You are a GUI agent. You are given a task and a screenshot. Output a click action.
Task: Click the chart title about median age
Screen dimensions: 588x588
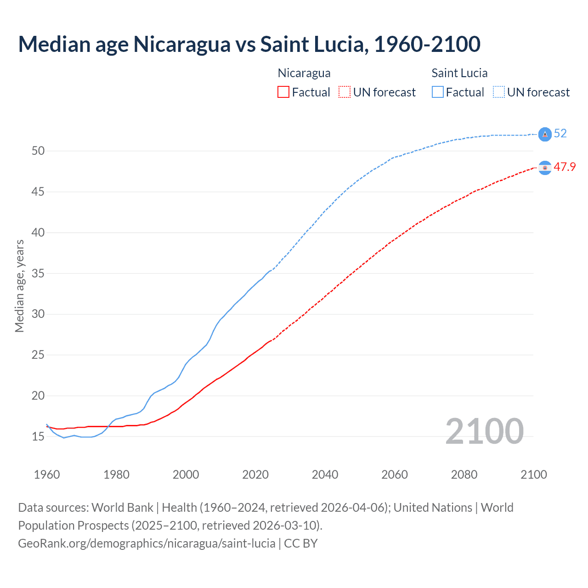(249, 44)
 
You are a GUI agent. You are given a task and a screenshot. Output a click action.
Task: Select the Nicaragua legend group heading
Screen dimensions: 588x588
(304, 73)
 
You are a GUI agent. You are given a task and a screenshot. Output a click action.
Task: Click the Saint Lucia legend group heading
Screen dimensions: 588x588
(459, 73)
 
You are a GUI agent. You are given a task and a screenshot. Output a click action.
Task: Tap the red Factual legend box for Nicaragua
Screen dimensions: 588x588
(283, 92)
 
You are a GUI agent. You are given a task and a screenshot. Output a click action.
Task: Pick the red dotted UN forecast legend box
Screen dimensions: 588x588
(345, 92)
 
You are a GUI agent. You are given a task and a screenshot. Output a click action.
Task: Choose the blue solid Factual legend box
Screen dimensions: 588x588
(437, 92)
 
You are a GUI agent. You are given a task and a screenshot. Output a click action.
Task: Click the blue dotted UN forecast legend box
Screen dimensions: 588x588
(498, 92)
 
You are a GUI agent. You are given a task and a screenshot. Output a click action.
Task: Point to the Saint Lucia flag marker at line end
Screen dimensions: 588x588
(545, 134)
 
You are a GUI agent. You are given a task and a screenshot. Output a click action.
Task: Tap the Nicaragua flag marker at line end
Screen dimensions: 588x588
(545, 168)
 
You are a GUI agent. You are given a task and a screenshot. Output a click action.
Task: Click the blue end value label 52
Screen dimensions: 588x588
(560, 134)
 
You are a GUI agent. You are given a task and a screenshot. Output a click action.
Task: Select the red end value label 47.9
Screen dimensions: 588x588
(565, 167)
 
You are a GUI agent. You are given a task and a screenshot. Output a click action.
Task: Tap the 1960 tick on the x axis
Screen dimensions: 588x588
(47, 475)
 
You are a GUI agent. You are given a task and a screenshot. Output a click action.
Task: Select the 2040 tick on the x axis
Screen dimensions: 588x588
(325, 475)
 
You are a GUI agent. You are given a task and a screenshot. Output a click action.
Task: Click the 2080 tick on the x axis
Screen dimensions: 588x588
(464, 475)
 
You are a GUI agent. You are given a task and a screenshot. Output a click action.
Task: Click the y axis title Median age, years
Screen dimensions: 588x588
(19, 286)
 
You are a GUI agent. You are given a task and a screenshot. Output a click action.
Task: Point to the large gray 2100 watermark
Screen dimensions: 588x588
(484, 431)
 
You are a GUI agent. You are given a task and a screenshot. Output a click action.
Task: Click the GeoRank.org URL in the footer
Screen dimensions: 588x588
(147, 543)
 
